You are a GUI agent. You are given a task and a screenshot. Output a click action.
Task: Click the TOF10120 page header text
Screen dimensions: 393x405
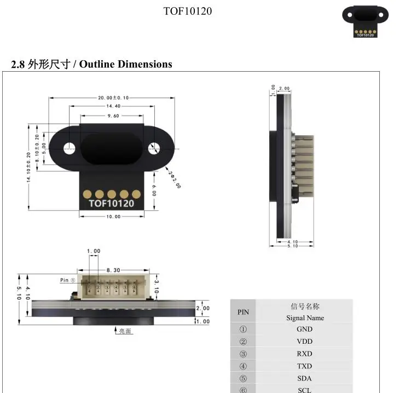click(x=187, y=11)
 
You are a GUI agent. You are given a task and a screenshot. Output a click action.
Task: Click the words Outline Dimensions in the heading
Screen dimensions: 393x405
click(x=126, y=64)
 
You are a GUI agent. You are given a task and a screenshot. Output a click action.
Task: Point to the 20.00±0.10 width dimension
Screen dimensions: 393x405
click(x=113, y=97)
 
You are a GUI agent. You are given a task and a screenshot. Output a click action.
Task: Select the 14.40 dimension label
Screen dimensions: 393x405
click(x=113, y=106)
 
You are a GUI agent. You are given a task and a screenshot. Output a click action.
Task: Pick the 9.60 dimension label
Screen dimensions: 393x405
click(x=113, y=115)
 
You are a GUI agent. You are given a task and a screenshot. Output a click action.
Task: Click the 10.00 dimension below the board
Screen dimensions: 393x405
click(x=113, y=216)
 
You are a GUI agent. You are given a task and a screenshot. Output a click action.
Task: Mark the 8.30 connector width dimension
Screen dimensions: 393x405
click(x=114, y=270)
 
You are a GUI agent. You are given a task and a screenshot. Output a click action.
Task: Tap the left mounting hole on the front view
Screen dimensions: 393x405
click(x=70, y=147)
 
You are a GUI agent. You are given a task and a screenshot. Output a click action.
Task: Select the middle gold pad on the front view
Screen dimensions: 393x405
click(x=112, y=193)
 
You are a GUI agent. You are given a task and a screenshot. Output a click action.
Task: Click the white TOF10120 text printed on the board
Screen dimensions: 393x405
click(x=112, y=204)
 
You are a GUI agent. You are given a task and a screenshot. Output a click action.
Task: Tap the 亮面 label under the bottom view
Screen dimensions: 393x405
click(x=125, y=331)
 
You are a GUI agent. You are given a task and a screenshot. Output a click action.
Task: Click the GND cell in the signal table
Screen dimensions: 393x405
click(x=304, y=329)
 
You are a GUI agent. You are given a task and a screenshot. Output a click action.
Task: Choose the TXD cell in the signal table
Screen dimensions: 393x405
click(x=304, y=366)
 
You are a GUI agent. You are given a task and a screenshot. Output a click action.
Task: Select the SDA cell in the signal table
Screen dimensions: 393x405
click(x=304, y=378)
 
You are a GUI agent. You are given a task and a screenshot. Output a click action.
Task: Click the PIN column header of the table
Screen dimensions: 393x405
click(x=243, y=312)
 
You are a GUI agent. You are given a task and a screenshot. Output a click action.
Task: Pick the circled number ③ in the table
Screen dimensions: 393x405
click(x=243, y=354)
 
